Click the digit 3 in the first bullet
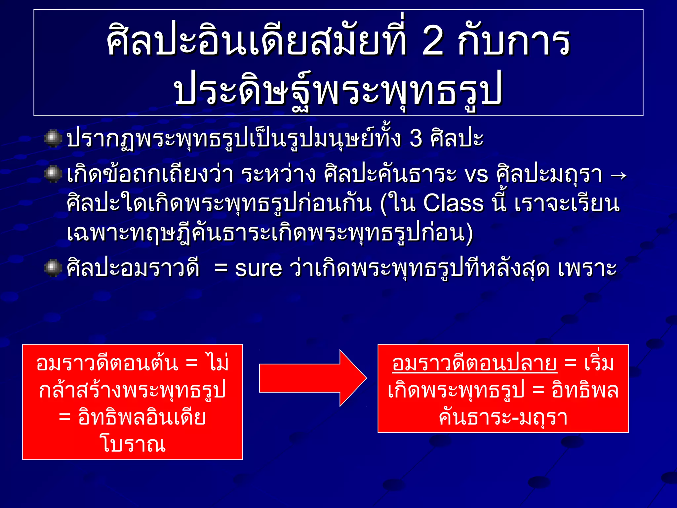416,138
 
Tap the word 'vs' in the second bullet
476,174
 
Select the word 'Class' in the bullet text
453,203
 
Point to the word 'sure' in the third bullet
259,268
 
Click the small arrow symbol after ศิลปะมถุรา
618,175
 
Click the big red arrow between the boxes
312,378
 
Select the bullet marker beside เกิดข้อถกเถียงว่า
53,174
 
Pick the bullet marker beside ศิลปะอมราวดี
53,268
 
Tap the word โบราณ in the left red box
133,444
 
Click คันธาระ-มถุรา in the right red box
503,417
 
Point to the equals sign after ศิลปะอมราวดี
220,268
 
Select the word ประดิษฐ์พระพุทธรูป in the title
338,89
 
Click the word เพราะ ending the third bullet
587,268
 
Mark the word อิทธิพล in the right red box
585,390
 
